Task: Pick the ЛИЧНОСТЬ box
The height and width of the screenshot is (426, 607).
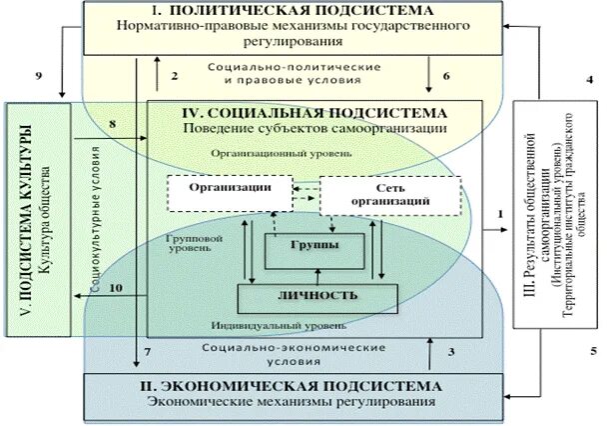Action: tap(317, 296)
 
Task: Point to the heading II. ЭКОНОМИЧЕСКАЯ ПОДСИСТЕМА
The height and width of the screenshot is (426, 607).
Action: tap(291, 385)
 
